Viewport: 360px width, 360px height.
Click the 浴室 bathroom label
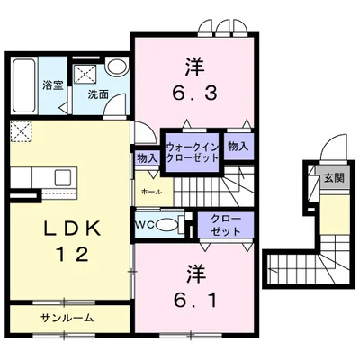coord(53,85)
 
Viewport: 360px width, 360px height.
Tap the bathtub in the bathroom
coord(23,85)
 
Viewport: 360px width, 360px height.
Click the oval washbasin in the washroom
coord(118,67)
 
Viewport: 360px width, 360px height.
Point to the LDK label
coord(72,229)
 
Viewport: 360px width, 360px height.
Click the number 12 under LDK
coord(74,254)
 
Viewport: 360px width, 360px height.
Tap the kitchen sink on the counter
coord(63,177)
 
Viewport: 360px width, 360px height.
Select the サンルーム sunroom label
coord(67,318)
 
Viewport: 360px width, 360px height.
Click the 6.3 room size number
coord(194,93)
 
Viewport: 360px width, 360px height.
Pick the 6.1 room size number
coord(195,300)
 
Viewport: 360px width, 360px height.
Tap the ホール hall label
coord(151,192)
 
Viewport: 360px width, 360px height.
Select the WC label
coord(145,224)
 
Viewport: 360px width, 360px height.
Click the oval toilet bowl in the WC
coord(166,225)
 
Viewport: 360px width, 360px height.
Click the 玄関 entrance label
coord(334,178)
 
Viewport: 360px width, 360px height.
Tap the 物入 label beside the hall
coord(148,158)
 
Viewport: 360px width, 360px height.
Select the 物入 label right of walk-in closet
coord(238,147)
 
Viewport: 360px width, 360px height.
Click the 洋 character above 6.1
coord(195,274)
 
